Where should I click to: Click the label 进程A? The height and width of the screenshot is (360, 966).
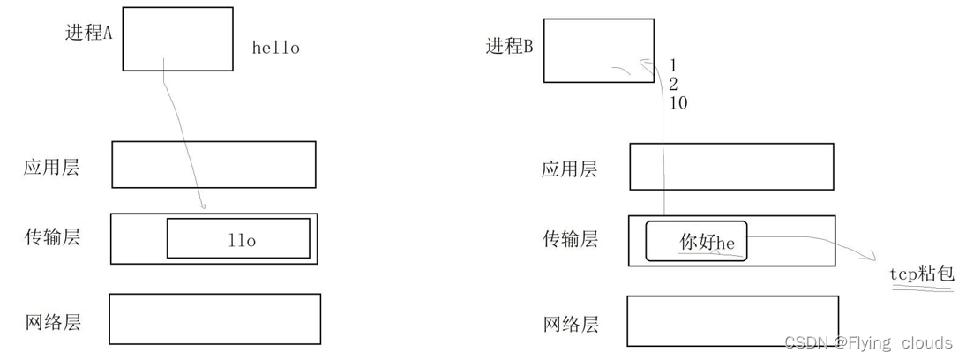[89, 33]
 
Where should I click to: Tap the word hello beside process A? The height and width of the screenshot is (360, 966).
[275, 49]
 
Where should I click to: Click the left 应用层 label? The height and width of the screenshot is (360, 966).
[51, 167]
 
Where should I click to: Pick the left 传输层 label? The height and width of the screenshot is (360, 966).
[51, 236]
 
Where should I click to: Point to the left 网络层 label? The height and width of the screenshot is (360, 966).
[51, 321]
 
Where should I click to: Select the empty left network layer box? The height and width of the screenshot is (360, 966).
[214, 319]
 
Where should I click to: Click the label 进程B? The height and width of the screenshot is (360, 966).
[510, 46]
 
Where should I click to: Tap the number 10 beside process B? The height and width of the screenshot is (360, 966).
[678, 103]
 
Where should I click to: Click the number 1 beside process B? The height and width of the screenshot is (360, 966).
[673, 65]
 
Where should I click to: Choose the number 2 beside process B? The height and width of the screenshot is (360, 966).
[674, 84]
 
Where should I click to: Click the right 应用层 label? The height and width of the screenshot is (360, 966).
[569, 169]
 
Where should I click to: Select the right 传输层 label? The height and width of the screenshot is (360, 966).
[569, 238]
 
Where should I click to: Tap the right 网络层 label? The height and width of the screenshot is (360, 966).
[569, 324]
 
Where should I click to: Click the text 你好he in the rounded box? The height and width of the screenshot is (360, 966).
[707, 242]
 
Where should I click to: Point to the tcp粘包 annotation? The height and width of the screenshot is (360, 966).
[922, 274]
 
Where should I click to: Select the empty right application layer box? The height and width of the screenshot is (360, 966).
[731, 167]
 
